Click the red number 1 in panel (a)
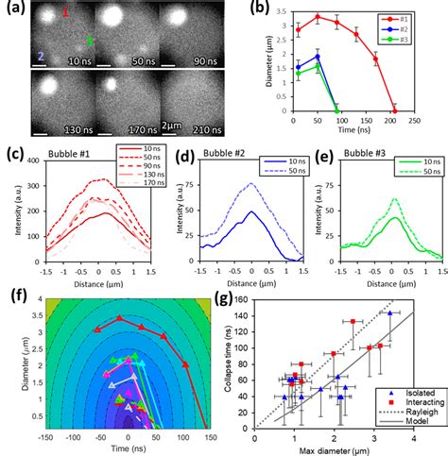tap(65, 12)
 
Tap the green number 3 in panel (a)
tap(90, 42)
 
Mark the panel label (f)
tap(14, 290)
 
